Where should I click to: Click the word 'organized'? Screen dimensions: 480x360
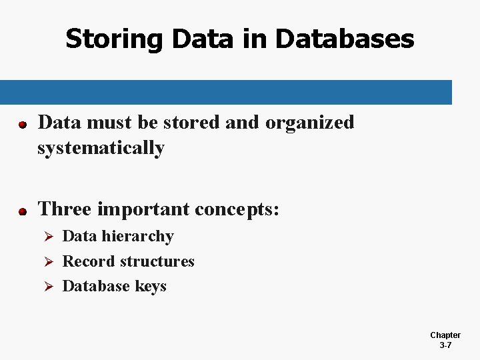(310, 123)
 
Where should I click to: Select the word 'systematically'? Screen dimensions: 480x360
(101, 148)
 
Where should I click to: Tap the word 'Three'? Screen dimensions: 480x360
(65, 209)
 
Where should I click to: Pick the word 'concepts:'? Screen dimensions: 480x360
(237, 210)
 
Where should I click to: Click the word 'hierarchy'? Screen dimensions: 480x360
(139, 237)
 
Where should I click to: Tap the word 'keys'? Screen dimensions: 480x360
(151, 287)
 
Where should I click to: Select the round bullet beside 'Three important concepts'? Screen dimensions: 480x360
(22, 211)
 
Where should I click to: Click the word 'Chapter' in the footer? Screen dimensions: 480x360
(445, 335)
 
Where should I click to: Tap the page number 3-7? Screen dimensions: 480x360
(445, 345)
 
